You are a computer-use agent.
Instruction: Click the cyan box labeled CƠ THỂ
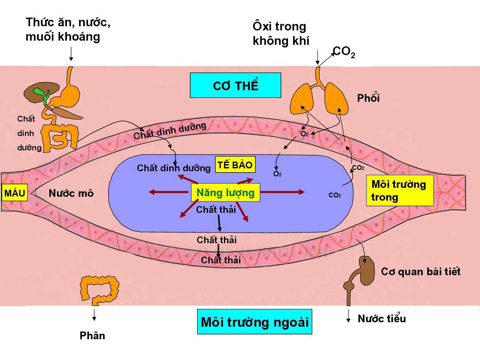pyautogui.click(x=236, y=85)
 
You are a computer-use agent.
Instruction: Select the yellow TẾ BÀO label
pyautogui.click(x=235, y=165)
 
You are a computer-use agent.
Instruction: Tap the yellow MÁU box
pyautogui.click(x=14, y=193)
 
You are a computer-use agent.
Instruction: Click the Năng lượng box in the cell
pyautogui.click(x=225, y=192)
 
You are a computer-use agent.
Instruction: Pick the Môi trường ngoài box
pyautogui.click(x=254, y=322)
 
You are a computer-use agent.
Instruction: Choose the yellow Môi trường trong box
pyautogui.click(x=399, y=190)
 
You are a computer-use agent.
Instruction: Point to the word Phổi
pyautogui.click(x=368, y=98)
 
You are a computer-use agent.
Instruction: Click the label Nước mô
pyautogui.click(x=71, y=193)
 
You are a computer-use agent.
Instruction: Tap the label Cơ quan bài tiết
pyautogui.click(x=420, y=272)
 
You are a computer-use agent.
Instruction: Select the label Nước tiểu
pyautogui.click(x=381, y=318)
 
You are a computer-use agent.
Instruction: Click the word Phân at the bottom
pyautogui.click(x=92, y=335)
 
